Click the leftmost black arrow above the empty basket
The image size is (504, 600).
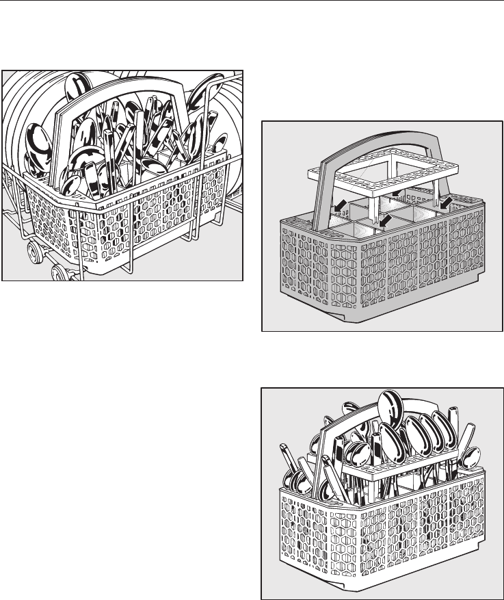point(336,205)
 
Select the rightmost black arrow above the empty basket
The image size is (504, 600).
point(446,203)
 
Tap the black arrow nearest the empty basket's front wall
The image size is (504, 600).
point(388,220)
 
